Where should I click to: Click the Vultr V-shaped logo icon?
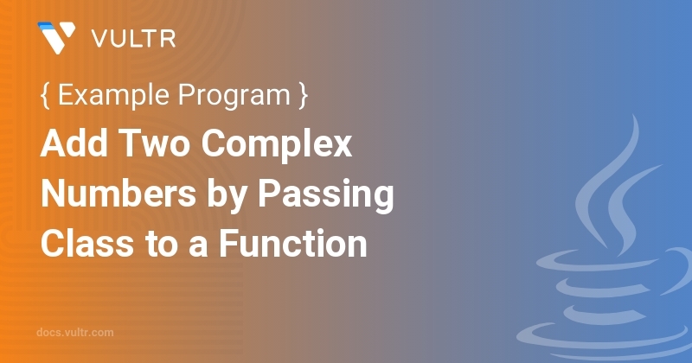coord(56,37)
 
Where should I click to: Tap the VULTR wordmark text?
coord(134,39)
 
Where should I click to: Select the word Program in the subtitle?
coord(234,96)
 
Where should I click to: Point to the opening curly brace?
coord(45,95)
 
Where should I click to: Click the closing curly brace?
coord(303,95)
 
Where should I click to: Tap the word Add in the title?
coord(74,143)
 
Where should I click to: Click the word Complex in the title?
coord(277,144)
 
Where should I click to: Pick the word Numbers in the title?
coord(119,194)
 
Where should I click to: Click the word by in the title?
coord(227,196)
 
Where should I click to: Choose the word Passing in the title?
coord(326,196)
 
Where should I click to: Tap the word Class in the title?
coord(87,244)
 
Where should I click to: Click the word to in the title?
coord(162,245)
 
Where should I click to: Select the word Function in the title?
coord(293,244)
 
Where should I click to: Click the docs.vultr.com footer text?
coord(75,333)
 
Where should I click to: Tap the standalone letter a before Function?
coord(198,247)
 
